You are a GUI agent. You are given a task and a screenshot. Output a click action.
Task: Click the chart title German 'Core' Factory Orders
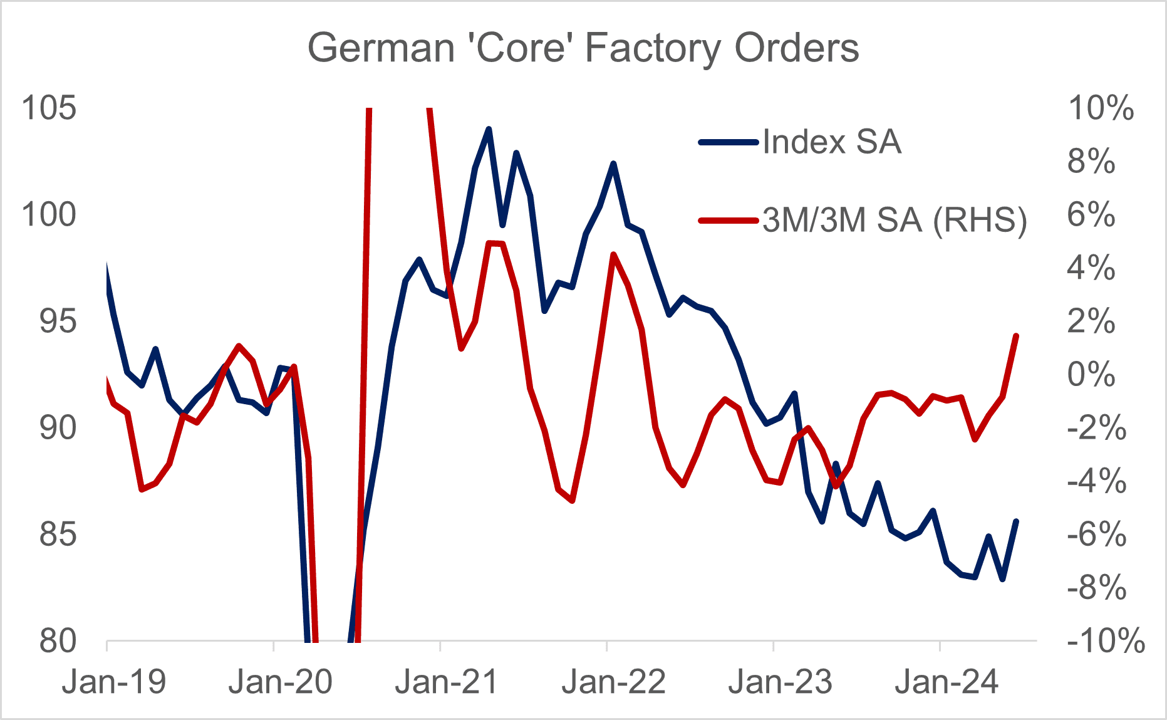pyautogui.click(x=583, y=48)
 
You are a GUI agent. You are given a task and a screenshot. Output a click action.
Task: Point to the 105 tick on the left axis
pyautogui.click(x=48, y=108)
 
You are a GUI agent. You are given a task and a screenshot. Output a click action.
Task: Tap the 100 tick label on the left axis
pyautogui.click(x=48, y=215)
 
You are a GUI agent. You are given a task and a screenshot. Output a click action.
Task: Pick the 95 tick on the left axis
pyautogui.click(x=57, y=321)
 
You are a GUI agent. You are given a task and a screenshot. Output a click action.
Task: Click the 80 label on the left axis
pyautogui.click(x=57, y=641)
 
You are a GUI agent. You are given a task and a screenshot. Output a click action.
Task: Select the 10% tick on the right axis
pyautogui.click(x=1101, y=108)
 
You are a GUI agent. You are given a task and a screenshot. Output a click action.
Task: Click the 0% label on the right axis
pyautogui.click(x=1091, y=374)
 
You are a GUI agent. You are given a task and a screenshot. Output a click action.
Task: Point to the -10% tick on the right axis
pyautogui.click(x=1106, y=641)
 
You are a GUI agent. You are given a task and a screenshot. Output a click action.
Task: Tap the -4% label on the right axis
pyautogui.click(x=1096, y=481)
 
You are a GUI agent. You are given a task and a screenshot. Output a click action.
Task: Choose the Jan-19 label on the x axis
pyautogui.click(x=113, y=682)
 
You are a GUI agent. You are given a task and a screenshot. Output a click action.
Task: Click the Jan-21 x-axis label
pyautogui.click(x=446, y=682)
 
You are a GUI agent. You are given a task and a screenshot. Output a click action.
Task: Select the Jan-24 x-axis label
pyautogui.click(x=946, y=682)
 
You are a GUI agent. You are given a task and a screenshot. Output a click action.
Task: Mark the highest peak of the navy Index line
pyautogui.click(x=489, y=128)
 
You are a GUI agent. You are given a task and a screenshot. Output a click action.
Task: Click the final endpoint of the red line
pyautogui.click(x=1016, y=336)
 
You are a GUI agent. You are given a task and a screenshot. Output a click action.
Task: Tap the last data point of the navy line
pyautogui.click(x=1016, y=521)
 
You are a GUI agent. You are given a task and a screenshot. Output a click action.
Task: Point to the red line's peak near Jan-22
pyautogui.click(x=613, y=254)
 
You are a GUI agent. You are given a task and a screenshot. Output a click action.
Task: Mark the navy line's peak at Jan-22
pyautogui.click(x=613, y=163)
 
